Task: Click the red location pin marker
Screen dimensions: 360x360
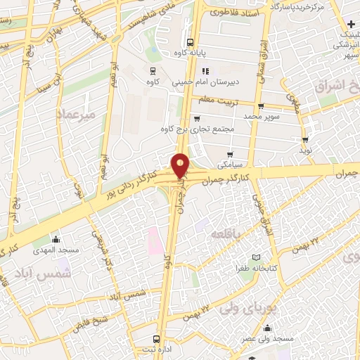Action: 181,165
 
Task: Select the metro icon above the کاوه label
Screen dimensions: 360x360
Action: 152,71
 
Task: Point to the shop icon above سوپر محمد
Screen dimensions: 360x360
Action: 260,106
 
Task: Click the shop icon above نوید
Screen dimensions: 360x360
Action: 305,139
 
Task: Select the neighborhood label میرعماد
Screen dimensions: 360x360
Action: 75,115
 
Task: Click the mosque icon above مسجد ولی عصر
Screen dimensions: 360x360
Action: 267,328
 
